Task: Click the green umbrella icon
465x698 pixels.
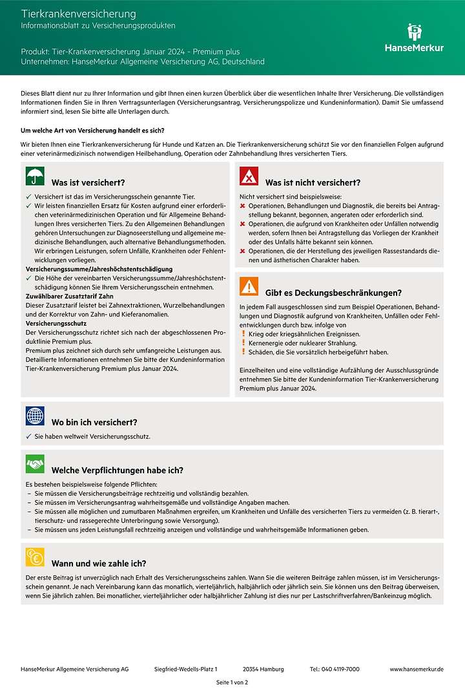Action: [x=35, y=176]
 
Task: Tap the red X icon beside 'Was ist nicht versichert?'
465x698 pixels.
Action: [x=249, y=176]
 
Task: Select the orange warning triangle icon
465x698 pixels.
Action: [x=249, y=286]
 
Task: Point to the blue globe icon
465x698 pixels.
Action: [x=35, y=416]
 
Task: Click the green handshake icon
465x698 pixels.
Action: [x=35, y=463]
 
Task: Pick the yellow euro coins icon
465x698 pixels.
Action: [x=35, y=556]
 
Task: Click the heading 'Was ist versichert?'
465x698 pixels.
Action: [x=88, y=182]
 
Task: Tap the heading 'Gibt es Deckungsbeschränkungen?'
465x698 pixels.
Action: [x=333, y=293]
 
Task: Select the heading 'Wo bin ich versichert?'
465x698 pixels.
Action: [x=94, y=422]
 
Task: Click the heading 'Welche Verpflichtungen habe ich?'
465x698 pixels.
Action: [x=118, y=470]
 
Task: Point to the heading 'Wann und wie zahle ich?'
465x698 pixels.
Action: [x=99, y=563]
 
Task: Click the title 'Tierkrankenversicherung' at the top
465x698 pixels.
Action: [x=79, y=14]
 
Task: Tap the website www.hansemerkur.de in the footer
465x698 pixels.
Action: [x=417, y=669]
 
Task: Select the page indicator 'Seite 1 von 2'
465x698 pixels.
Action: [x=232, y=682]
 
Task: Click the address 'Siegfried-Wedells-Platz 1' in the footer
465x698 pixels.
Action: [x=186, y=669]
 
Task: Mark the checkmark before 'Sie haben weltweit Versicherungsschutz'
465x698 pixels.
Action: [x=28, y=437]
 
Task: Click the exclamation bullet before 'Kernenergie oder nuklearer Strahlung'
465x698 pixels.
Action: [x=243, y=343]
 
